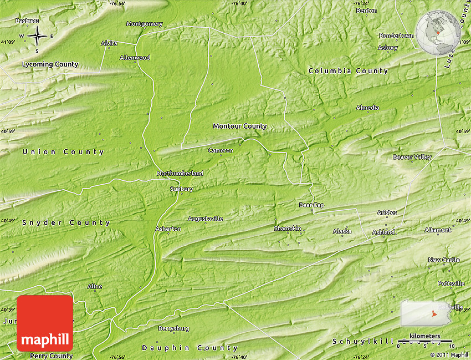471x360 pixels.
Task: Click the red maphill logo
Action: point(44,323)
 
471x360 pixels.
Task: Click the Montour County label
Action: point(239,126)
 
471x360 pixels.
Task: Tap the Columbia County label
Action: point(348,71)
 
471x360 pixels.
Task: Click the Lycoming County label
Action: point(50,64)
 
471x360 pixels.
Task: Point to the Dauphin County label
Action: point(181,348)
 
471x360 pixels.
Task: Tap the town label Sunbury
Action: point(181,189)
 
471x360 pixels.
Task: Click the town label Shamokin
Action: point(288,229)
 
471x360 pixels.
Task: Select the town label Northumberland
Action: point(180,174)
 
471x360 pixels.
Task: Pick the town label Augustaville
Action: point(205,219)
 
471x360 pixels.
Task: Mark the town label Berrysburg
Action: point(173,328)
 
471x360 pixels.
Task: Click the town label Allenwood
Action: point(135,58)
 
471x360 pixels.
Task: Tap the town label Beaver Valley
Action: point(412,157)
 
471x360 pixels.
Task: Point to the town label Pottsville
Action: point(451,283)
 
